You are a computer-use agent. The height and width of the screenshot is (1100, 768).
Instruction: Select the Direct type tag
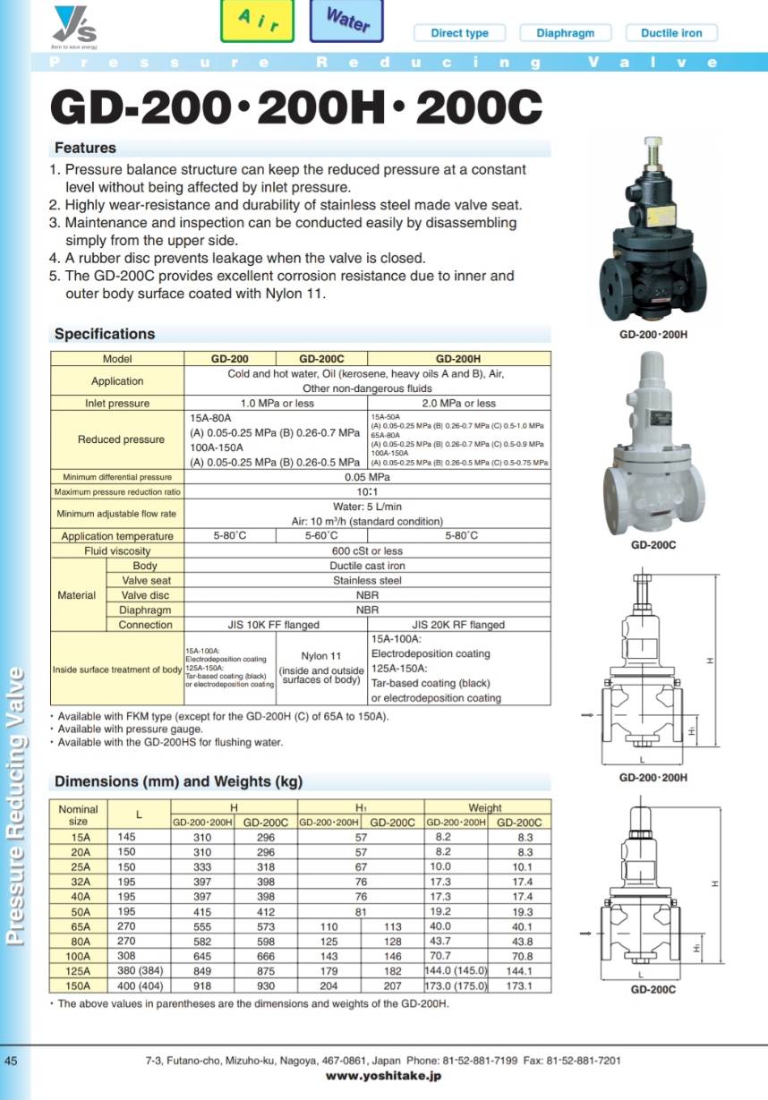click(x=459, y=33)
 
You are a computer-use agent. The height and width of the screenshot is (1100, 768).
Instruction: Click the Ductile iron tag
click(x=671, y=33)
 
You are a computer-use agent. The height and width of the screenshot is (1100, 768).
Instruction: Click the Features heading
click(x=85, y=148)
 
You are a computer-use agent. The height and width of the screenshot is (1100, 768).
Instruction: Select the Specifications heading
click(x=105, y=334)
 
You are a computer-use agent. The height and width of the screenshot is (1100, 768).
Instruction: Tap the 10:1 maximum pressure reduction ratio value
click(x=367, y=492)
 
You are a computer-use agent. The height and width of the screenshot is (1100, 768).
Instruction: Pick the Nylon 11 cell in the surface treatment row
click(x=320, y=656)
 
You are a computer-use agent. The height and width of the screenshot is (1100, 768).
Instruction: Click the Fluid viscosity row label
click(x=117, y=551)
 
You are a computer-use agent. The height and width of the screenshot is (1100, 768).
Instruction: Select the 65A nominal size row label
click(x=81, y=926)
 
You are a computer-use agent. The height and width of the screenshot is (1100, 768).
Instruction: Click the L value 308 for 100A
click(x=125, y=956)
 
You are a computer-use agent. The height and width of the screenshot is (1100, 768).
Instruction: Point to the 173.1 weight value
click(x=519, y=985)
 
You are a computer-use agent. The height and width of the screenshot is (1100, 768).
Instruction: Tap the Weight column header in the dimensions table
click(x=485, y=807)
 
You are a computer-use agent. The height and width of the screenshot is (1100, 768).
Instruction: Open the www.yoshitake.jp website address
click(x=383, y=1077)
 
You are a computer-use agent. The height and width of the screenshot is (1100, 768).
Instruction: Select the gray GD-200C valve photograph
click(x=653, y=443)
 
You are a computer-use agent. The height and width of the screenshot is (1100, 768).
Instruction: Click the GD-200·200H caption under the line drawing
click(x=653, y=778)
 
